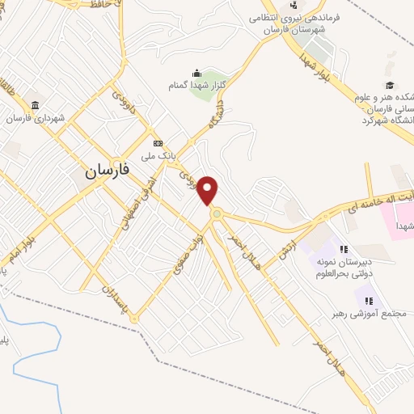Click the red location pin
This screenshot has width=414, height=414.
(x=209, y=188)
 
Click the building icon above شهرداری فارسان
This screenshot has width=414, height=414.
(x=35, y=106)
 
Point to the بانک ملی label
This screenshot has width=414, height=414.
(x=158, y=154)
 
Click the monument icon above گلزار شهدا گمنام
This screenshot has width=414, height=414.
(x=195, y=74)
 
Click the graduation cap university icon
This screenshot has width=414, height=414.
(x=390, y=85)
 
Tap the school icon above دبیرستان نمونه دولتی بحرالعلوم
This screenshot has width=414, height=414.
(x=344, y=250)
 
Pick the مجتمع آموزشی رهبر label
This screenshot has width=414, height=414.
(x=364, y=313)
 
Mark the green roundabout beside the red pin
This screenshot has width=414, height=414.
(x=217, y=213)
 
